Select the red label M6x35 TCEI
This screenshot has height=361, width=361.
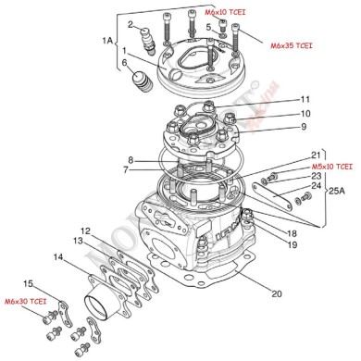pos(291,44)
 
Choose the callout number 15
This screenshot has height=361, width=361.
pos(29,282)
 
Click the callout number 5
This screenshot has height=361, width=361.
pos(209,28)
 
